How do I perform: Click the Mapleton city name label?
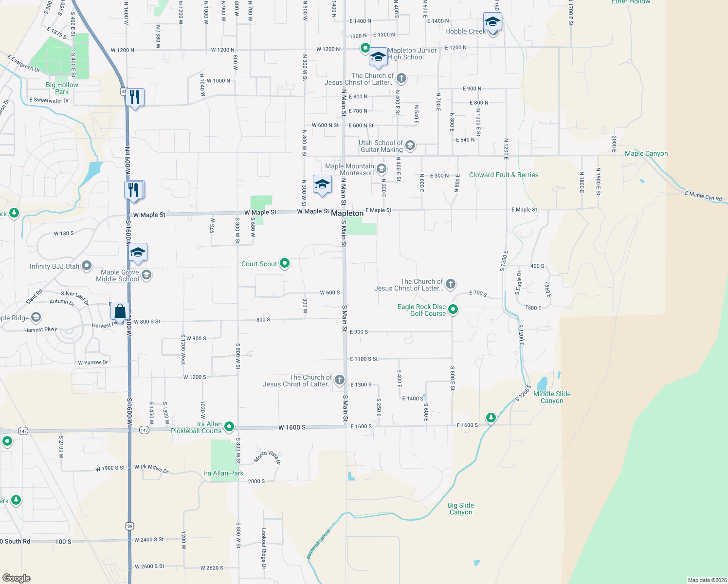(x=347, y=214)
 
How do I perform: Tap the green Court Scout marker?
(x=285, y=263)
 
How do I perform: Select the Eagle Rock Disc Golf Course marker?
(x=453, y=309)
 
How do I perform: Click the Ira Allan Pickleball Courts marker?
(x=229, y=427)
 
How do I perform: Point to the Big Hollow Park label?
(x=62, y=88)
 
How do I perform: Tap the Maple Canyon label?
(x=646, y=154)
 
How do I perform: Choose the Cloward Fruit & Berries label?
(x=504, y=175)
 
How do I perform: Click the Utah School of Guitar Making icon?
(x=410, y=145)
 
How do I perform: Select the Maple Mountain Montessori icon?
(x=382, y=169)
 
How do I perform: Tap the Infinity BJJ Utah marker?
(x=87, y=266)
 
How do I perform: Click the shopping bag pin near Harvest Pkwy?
(x=120, y=311)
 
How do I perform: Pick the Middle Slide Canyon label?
(x=552, y=398)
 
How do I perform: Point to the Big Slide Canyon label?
(x=461, y=509)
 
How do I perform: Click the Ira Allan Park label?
(x=223, y=473)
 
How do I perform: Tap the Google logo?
(x=17, y=578)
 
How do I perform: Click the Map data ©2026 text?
(x=707, y=580)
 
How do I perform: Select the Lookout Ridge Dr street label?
(x=264, y=548)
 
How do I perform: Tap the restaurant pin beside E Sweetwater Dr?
(x=135, y=98)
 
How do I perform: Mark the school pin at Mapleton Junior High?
(x=378, y=57)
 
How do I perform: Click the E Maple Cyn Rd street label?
(x=703, y=196)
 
